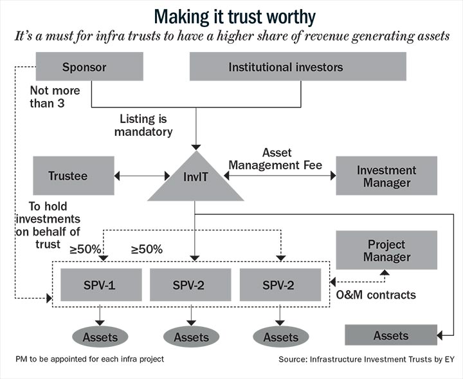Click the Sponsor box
89,66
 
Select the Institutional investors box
298,66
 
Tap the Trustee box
73,176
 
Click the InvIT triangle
195,180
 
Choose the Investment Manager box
386,176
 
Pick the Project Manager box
386,250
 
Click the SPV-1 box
101,284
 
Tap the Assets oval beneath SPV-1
100,337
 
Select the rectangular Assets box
391,335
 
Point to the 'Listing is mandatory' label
143,125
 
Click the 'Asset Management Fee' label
275,159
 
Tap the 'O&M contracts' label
376,295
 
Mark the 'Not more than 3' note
55,97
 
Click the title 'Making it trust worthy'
235,17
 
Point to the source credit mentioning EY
367,359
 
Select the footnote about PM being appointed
90,359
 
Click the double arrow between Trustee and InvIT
141,176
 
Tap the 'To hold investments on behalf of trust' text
48,225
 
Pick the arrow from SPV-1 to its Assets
100,315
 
